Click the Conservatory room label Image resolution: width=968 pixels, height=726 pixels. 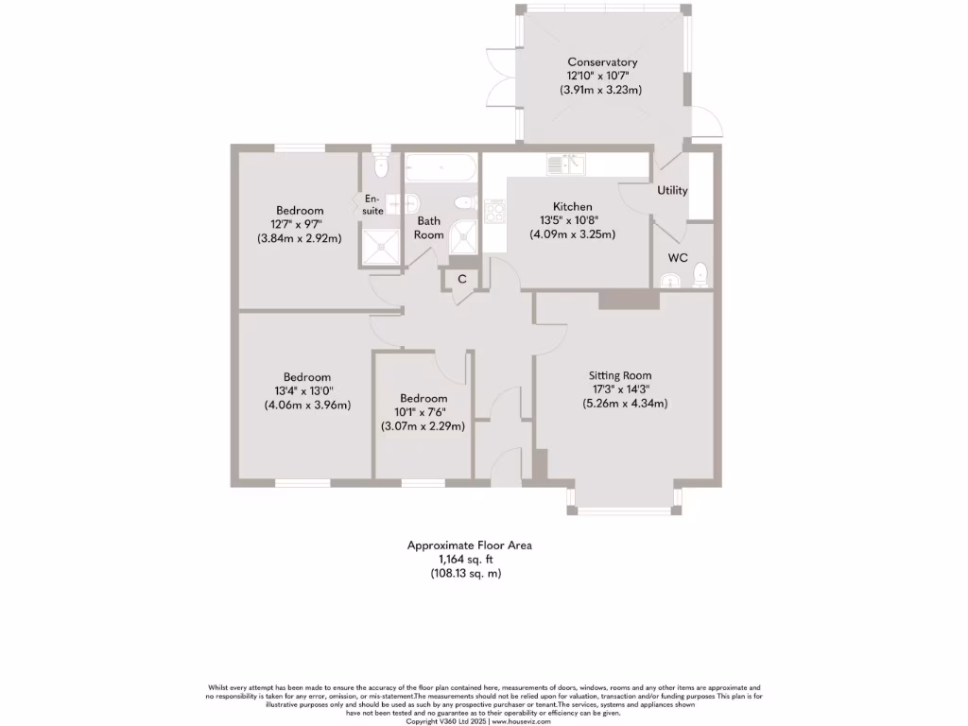(x=602, y=62)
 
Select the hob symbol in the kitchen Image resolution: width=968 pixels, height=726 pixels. (x=494, y=211)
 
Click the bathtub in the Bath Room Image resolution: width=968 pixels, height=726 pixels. (x=441, y=169)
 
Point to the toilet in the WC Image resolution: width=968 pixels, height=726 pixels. (x=700, y=275)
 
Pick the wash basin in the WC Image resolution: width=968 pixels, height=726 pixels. (x=669, y=279)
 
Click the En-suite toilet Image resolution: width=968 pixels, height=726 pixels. (x=380, y=167)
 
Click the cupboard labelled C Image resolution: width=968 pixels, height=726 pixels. (x=462, y=279)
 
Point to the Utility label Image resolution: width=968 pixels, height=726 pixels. (x=672, y=190)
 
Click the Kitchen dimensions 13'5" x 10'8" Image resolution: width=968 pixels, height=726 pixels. (x=572, y=220)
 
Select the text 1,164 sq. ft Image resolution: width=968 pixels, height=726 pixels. (x=469, y=559)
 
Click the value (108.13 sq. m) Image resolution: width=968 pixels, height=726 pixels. (x=469, y=573)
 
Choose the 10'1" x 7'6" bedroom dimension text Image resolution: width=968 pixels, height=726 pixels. (x=423, y=412)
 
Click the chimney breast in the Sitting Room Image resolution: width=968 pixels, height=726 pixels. (x=629, y=300)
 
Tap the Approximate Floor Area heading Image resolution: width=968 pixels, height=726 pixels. (x=469, y=544)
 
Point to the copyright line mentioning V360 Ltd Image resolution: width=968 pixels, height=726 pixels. (x=483, y=720)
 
